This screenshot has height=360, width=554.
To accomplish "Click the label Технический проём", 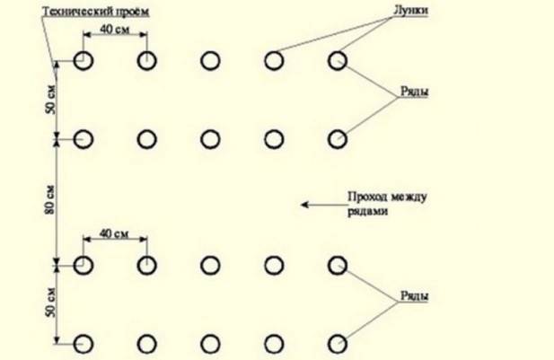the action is click(x=96, y=12).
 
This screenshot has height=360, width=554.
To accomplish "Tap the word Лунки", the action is click(x=410, y=10).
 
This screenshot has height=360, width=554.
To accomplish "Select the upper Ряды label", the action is click(x=414, y=92).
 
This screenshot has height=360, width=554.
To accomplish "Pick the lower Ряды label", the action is click(x=414, y=295).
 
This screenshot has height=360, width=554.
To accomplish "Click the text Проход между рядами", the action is click(x=387, y=204).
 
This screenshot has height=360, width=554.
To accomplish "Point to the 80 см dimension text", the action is click(x=50, y=199).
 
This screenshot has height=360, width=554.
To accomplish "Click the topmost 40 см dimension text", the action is click(x=114, y=29).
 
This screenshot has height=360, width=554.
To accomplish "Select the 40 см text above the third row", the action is click(x=114, y=233).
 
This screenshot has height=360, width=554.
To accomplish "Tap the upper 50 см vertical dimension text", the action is click(x=50, y=100).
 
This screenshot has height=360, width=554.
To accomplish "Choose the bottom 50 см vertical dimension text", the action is click(x=50, y=303).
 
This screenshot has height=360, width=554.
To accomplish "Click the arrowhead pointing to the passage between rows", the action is click(x=304, y=205).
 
